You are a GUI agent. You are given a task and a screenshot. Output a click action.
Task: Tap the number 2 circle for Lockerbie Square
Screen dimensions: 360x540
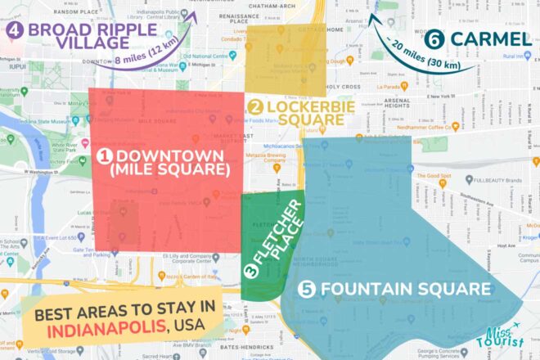pos(255,106)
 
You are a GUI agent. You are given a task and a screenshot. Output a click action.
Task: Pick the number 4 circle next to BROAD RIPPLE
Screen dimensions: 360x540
pos(14,33)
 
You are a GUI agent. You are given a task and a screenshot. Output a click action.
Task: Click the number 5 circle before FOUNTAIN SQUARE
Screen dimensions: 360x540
pos(307,289)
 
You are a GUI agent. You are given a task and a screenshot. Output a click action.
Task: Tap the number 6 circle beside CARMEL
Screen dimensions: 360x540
pos(434,38)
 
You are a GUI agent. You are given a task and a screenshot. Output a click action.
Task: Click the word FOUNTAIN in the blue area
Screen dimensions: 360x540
pos(360,289)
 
